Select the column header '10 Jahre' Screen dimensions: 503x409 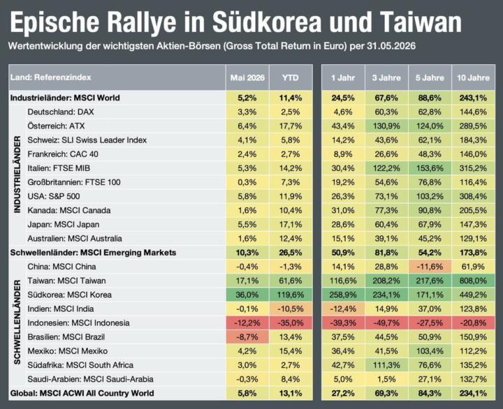473,78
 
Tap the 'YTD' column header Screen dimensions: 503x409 291,78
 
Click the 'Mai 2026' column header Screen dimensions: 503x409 247,78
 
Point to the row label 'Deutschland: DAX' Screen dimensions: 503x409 61,112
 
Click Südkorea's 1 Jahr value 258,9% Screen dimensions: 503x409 343,295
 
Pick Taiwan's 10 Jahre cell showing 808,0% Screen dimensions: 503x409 473,281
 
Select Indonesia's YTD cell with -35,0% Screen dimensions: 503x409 291,322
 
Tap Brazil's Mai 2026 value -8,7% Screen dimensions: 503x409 247,337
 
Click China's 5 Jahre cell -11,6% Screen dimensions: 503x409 430,267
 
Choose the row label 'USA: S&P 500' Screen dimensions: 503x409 54,196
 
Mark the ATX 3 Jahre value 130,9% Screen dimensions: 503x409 386,126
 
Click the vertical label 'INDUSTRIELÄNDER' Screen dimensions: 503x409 17,174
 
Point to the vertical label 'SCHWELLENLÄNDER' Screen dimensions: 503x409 17,322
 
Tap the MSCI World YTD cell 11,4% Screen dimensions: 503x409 291,98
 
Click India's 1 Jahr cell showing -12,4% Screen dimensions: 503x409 343,308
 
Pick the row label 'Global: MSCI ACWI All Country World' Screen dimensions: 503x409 82,393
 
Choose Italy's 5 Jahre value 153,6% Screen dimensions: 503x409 430,168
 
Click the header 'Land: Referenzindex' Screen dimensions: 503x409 51,77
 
